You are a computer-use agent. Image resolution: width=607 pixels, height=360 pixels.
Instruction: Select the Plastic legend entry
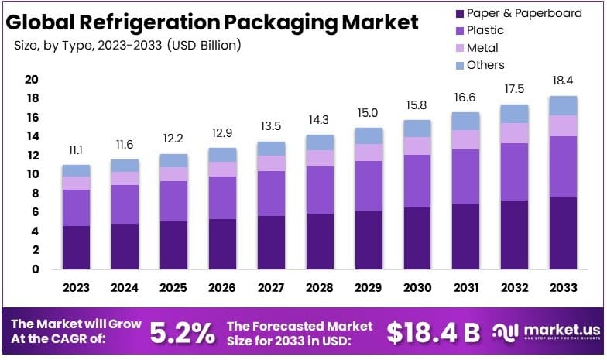click(x=485, y=31)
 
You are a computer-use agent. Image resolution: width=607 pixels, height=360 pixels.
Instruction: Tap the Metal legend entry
click(x=482, y=48)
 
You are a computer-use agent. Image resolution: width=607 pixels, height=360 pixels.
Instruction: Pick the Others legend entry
click(x=485, y=65)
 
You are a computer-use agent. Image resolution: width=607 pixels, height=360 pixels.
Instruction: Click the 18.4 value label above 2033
click(x=563, y=81)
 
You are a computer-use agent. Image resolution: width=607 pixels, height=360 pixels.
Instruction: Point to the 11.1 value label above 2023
click(x=76, y=149)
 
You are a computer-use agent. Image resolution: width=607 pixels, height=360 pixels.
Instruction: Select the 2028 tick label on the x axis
click(x=320, y=288)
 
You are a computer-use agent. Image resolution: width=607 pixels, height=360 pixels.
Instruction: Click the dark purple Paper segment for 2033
click(x=563, y=233)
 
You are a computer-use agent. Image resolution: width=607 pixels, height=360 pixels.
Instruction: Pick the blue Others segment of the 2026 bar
click(x=222, y=155)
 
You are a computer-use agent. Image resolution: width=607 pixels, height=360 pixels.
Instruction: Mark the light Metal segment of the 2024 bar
click(x=125, y=178)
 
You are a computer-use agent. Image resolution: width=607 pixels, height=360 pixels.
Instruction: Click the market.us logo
click(x=546, y=332)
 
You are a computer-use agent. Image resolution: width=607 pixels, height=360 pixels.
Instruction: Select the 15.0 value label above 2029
click(x=369, y=112)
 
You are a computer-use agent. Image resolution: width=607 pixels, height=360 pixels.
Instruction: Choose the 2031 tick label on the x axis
click(x=466, y=288)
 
